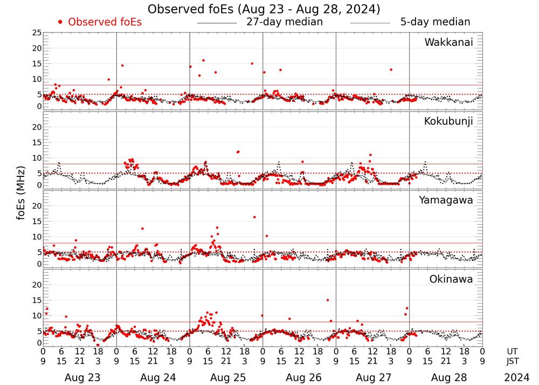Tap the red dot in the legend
(60, 22)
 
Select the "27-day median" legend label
(285, 22)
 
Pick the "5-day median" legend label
(435, 22)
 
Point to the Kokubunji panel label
(448, 121)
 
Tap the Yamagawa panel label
(446, 200)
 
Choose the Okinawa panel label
(451, 279)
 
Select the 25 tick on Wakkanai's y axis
(37, 33)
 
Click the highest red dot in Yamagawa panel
(254, 217)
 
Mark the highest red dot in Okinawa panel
(327, 300)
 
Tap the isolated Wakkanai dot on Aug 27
(391, 70)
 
